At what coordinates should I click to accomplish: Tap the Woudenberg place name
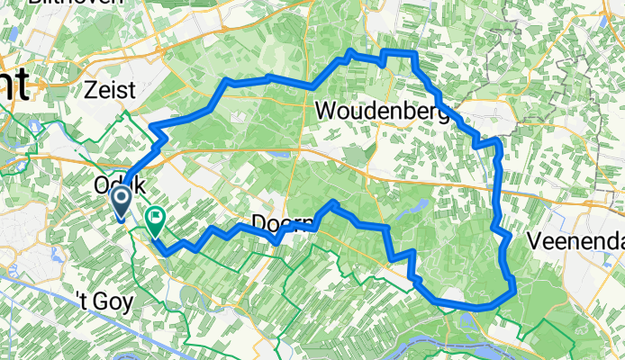pyautogui.click(x=384, y=112)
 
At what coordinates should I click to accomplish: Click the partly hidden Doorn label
pyautogui.click(x=270, y=220)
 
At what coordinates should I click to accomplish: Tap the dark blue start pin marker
pyautogui.click(x=119, y=201)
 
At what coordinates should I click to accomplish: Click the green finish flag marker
pyautogui.click(x=156, y=218)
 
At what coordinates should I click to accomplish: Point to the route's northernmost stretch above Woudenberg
pyautogui.click(x=396, y=55)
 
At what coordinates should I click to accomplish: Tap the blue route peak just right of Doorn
pyautogui.click(x=334, y=204)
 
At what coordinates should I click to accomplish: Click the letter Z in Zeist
pyautogui.click(x=90, y=89)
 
